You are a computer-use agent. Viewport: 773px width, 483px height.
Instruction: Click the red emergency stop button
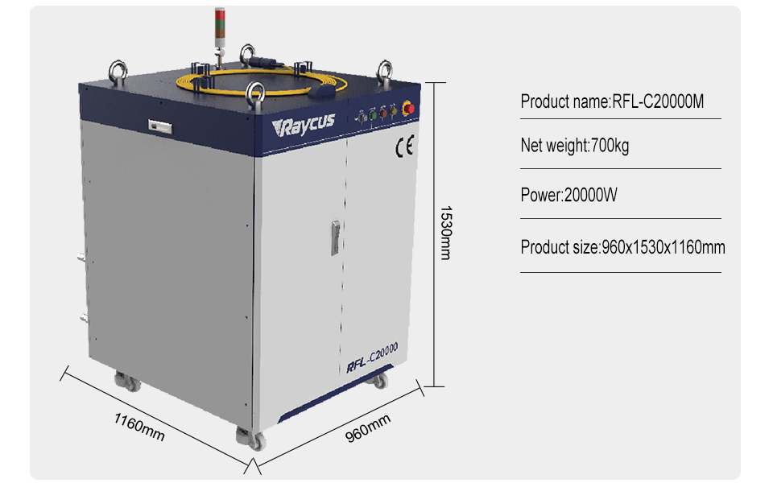pos(407,107)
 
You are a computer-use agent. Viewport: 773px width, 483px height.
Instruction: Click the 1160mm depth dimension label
pos(139,426)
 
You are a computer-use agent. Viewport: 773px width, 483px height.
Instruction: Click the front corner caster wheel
pos(252,439)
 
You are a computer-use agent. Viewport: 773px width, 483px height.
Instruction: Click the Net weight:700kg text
pos(575,146)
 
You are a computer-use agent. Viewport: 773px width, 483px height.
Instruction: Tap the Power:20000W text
pos(569,195)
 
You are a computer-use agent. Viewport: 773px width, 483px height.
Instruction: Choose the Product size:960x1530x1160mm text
pos(622,247)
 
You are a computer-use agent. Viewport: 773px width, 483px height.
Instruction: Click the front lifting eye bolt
pos(256,93)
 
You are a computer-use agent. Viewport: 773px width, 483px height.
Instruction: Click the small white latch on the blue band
pos(157,125)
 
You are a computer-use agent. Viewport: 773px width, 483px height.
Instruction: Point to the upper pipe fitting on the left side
pos(81,259)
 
